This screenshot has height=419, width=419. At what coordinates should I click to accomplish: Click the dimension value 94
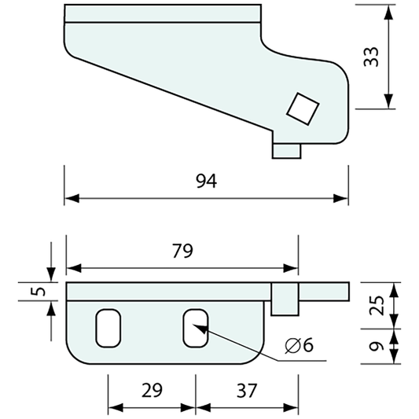(x=206, y=182)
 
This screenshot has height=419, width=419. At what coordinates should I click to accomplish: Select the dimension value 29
(x=152, y=391)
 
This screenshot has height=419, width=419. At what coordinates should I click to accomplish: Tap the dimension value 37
(x=245, y=391)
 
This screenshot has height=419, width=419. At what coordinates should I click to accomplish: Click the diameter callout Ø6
(x=300, y=346)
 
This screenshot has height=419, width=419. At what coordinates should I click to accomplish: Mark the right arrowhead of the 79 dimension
(x=293, y=266)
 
